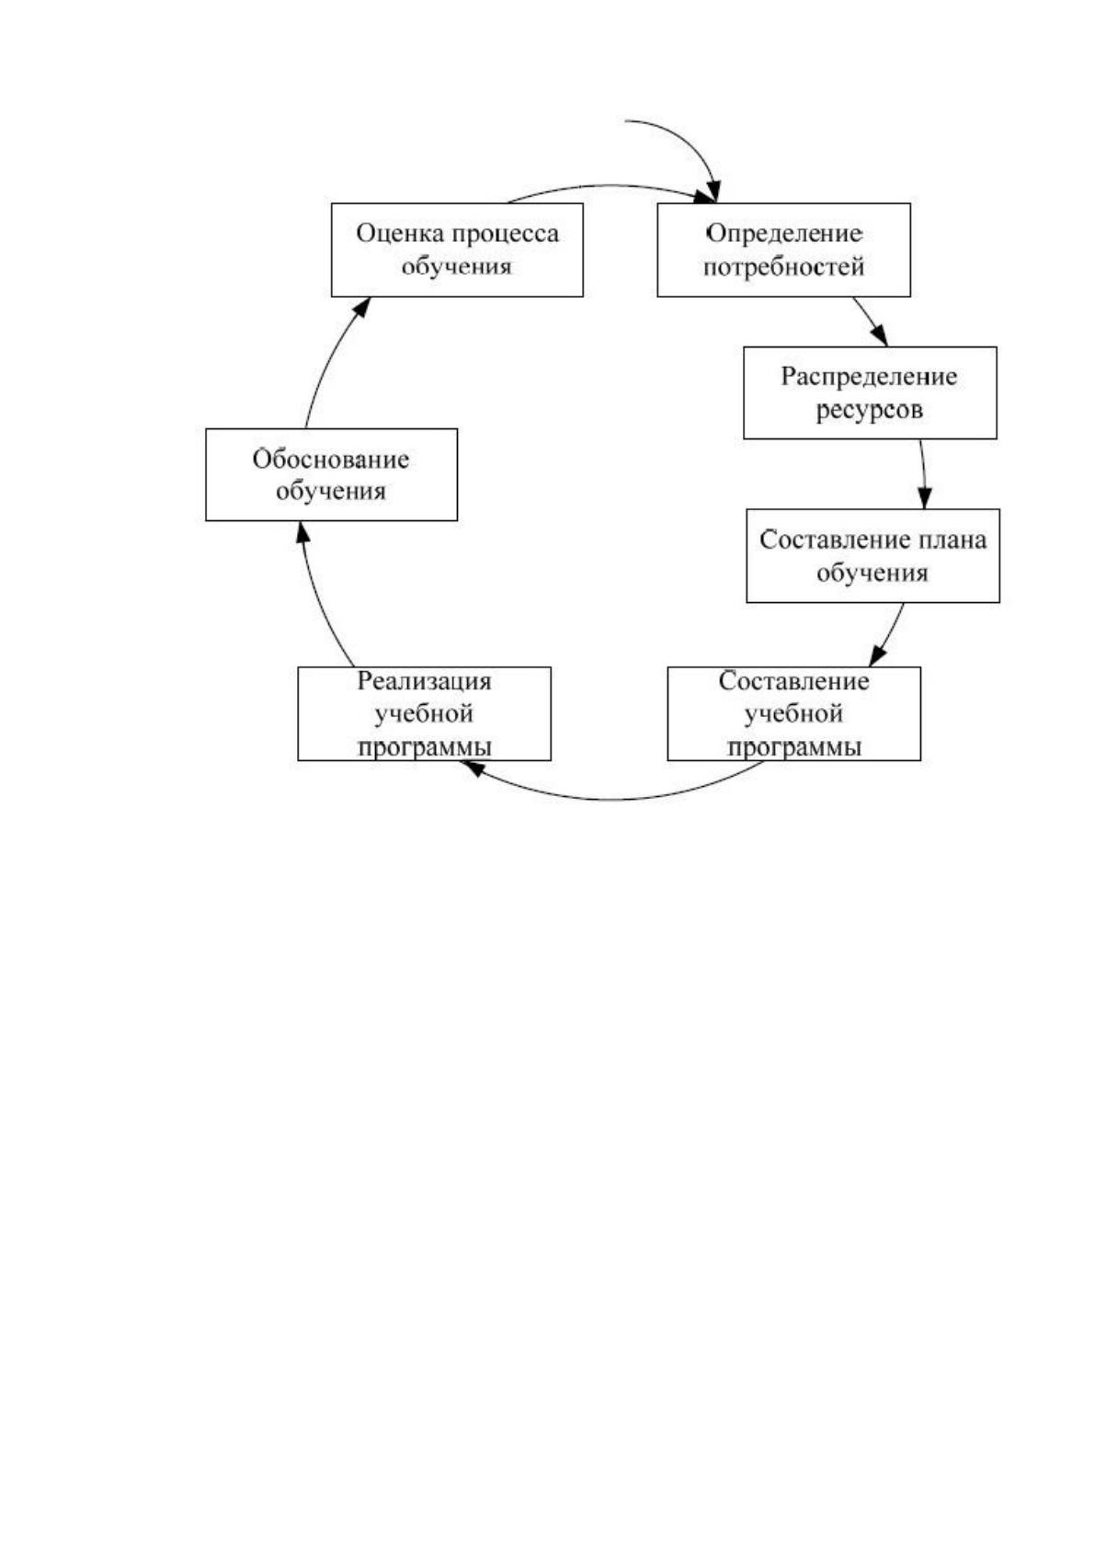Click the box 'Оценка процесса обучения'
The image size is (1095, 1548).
tap(457, 249)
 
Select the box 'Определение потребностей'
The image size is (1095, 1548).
tap(783, 249)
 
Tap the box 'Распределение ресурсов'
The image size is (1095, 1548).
tap(870, 393)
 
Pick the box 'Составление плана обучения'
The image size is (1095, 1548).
tap(873, 556)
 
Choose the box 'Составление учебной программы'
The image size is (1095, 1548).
tap(793, 713)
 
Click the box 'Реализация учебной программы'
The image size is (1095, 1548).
tap(424, 713)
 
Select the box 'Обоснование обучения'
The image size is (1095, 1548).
tap(331, 474)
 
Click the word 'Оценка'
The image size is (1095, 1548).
tap(400, 233)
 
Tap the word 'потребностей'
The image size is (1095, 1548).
tap(784, 267)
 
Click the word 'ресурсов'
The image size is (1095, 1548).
tap(870, 411)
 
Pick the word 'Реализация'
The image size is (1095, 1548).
tap(424, 681)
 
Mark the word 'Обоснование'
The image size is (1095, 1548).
tap(330, 459)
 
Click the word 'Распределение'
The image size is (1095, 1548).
tap(869, 377)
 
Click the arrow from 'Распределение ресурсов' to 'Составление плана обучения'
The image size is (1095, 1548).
tap(924, 474)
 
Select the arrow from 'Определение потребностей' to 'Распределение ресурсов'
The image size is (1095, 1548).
tap(871, 322)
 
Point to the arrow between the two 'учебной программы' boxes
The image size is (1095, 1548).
tap(611, 799)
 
